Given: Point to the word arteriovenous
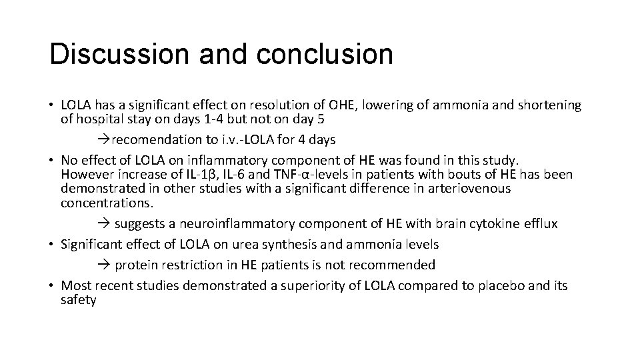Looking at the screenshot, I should (469, 189).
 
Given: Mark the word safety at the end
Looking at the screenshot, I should (79, 300).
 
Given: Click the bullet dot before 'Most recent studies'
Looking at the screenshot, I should (52, 286).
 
